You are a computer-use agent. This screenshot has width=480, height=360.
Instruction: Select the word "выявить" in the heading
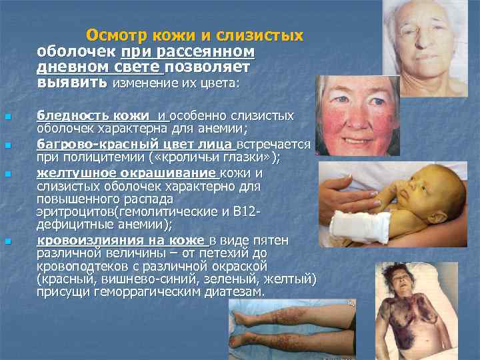pos(71,83)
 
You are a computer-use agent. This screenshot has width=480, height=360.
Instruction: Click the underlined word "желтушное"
pos(69,173)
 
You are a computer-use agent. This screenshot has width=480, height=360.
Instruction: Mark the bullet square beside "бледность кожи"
pos(7,117)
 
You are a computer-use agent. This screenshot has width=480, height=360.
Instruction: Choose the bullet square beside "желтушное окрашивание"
pos(7,174)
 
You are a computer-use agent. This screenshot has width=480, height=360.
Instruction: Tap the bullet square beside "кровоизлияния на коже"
pos(7,241)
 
